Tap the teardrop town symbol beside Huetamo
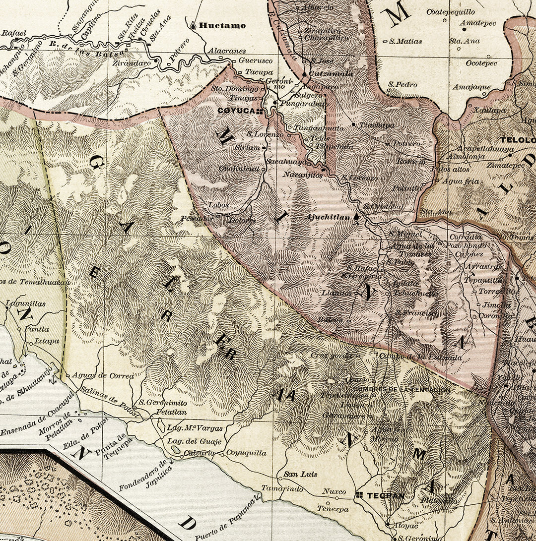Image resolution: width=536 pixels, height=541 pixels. (193, 24)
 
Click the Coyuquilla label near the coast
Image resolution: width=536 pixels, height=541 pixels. (246, 453)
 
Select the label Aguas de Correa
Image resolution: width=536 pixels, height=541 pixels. (103, 375)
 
